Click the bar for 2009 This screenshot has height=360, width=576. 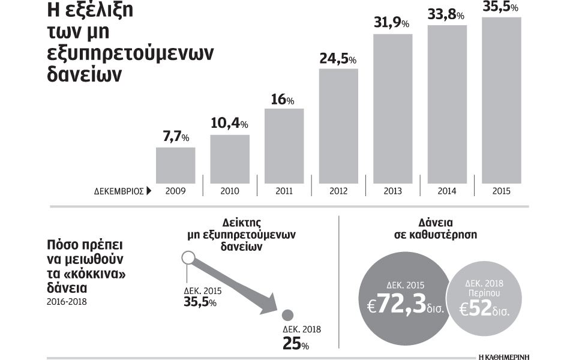175,165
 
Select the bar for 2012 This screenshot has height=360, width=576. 338,126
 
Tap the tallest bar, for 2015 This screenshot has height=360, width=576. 501,100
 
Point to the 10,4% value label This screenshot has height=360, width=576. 229,123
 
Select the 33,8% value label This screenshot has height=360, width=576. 445,14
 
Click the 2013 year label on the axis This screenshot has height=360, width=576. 393,191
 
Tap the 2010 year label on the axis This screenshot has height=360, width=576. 230,191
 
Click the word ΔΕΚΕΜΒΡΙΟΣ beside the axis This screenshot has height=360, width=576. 118,191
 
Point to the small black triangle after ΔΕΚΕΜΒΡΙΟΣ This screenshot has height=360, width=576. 148,191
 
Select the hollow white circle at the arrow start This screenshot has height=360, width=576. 187,259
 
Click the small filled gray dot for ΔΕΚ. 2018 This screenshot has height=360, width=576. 287,316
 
